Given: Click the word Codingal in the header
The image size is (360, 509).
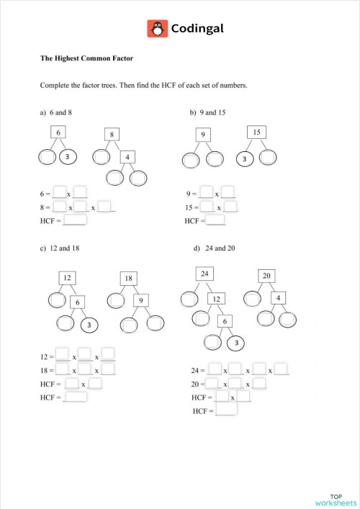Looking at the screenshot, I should [197, 29].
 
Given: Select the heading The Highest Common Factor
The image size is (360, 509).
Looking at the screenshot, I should [87, 58].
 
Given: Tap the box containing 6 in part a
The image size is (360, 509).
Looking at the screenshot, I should [58, 132].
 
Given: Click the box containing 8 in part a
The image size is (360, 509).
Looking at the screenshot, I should [113, 135].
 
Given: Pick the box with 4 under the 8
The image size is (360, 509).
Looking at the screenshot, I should [127, 157].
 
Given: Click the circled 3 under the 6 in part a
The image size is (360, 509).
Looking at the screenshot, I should [67, 157].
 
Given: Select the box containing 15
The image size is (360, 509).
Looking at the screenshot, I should [256, 132].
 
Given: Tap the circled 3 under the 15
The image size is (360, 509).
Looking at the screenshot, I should [245, 158].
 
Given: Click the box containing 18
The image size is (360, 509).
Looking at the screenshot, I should [128, 278].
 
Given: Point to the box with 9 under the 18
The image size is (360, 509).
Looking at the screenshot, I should [142, 299].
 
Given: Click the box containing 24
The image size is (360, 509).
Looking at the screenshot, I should [204, 274].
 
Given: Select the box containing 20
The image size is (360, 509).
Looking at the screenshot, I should [266, 276].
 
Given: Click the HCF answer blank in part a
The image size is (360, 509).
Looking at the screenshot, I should [75, 220].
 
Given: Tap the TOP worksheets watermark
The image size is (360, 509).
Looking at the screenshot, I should [336, 500].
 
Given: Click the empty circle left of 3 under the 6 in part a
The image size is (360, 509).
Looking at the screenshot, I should [46, 157].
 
